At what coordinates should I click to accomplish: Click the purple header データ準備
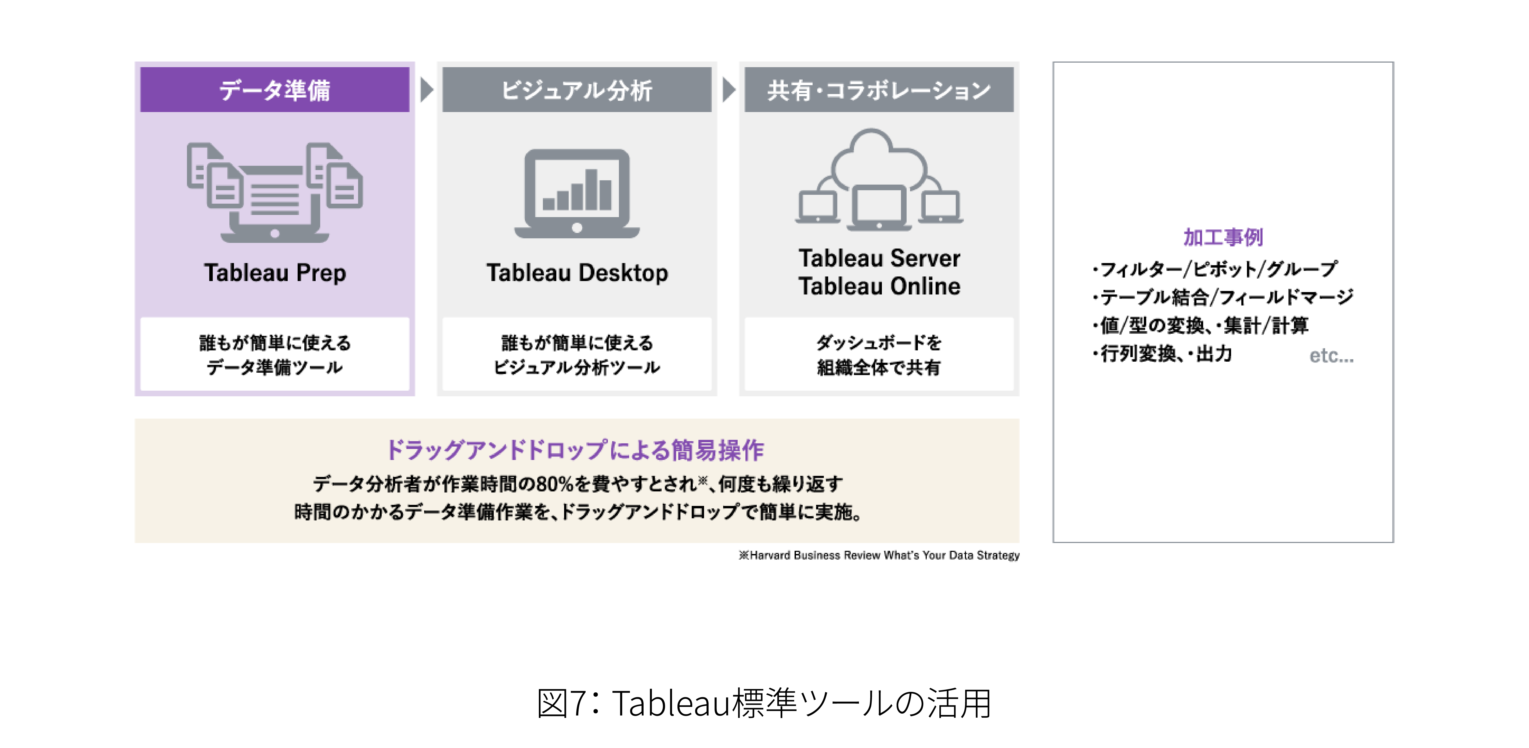tap(275, 90)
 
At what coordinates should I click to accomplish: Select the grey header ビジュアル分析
tap(577, 90)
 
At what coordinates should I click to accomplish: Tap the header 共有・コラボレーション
tap(879, 90)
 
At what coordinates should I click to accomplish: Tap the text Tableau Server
tap(879, 258)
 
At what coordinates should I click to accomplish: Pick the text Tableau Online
tap(879, 286)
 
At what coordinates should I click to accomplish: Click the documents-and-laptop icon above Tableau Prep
tap(275, 192)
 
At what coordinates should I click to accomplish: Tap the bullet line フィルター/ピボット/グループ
tap(1214, 269)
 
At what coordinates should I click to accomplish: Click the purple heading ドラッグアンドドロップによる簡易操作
tap(575, 450)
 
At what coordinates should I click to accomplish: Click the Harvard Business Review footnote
tap(879, 555)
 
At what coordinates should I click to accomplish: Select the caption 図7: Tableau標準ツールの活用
tap(764, 703)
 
